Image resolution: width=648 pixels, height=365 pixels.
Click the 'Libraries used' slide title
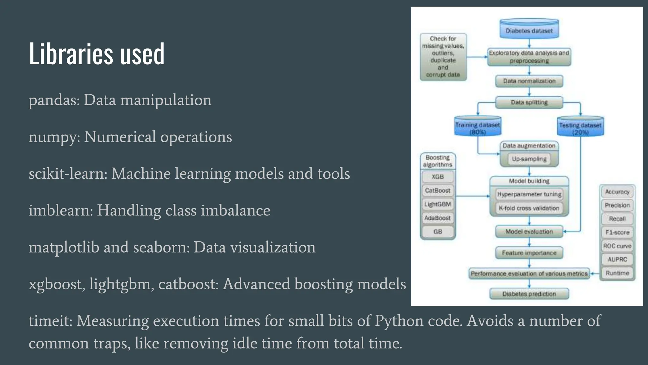[x=97, y=54]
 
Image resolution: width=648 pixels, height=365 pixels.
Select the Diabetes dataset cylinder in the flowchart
[x=529, y=29]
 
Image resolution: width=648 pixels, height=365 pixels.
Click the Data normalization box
[x=529, y=81]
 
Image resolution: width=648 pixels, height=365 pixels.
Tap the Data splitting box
[x=529, y=102]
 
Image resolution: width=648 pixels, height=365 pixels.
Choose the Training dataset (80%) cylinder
[x=477, y=126]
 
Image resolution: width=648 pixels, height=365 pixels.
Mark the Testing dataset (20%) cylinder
[x=580, y=126]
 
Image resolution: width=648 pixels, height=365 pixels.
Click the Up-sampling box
[x=529, y=159]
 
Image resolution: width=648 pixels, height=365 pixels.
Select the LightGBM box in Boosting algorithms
[x=438, y=204]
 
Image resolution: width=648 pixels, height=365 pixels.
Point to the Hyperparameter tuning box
[x=529, y=194]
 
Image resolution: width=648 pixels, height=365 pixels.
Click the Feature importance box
[x=529, y=253]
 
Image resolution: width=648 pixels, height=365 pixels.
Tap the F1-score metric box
[x=617, y=232]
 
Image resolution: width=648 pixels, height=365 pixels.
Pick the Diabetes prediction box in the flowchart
[x=529, y=294]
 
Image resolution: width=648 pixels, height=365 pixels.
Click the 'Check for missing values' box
[x=443, y=57]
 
